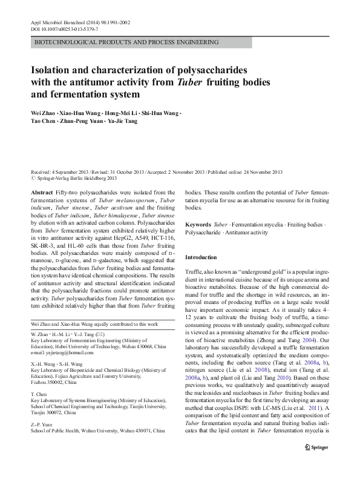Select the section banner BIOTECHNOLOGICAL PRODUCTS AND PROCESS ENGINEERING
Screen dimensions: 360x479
124,44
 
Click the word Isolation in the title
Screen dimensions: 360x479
53,70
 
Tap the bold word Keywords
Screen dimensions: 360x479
199,223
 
